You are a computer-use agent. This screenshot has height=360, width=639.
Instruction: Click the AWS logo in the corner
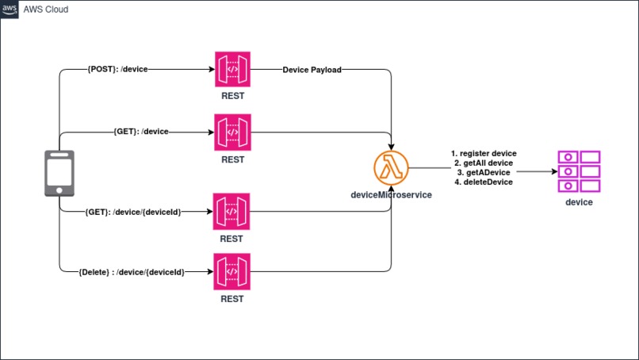click(x=10, y=10)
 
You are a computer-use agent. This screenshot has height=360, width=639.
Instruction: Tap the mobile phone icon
click(x=59, y=174)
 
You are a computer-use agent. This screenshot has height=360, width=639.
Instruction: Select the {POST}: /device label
click(x=118, y=69)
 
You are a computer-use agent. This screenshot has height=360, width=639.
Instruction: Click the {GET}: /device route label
click(x=141, y=132)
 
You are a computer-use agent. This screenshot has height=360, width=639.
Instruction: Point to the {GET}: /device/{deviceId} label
click(x=133, y=212)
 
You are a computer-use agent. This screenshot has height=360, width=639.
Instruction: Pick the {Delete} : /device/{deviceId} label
click(x=132, y=272)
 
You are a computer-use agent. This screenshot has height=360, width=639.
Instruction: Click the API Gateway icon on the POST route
click(x=233, y=69)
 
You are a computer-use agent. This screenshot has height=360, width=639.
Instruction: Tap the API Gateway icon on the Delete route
click(x=231, y=271)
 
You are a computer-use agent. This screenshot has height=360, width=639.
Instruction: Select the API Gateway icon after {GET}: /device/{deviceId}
click(x=231, y=212)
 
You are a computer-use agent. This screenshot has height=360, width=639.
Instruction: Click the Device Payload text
click(x=312, y=70)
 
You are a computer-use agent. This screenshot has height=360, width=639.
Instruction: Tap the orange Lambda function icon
click(x=391, y=168)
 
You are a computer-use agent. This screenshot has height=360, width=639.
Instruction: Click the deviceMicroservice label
click(x=391, y=195)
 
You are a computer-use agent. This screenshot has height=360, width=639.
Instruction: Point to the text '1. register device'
click(x=484, y=153)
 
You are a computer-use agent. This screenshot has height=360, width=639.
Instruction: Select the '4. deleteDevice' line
click(x=484, y=182)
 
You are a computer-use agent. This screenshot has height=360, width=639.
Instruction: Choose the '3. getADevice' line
click(x=484, y=172)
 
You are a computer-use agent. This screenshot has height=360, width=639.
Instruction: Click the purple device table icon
click(x=579, y=171)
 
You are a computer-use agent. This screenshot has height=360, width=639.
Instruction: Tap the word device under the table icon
click(x=579, y=202)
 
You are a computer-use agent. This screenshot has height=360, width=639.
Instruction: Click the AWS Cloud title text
click(x=46, y=10)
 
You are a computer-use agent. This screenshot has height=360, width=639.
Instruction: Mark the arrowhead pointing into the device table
click(x=555, y=171)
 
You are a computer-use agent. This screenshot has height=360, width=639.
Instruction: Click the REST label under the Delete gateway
click(x=231, y=299)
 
